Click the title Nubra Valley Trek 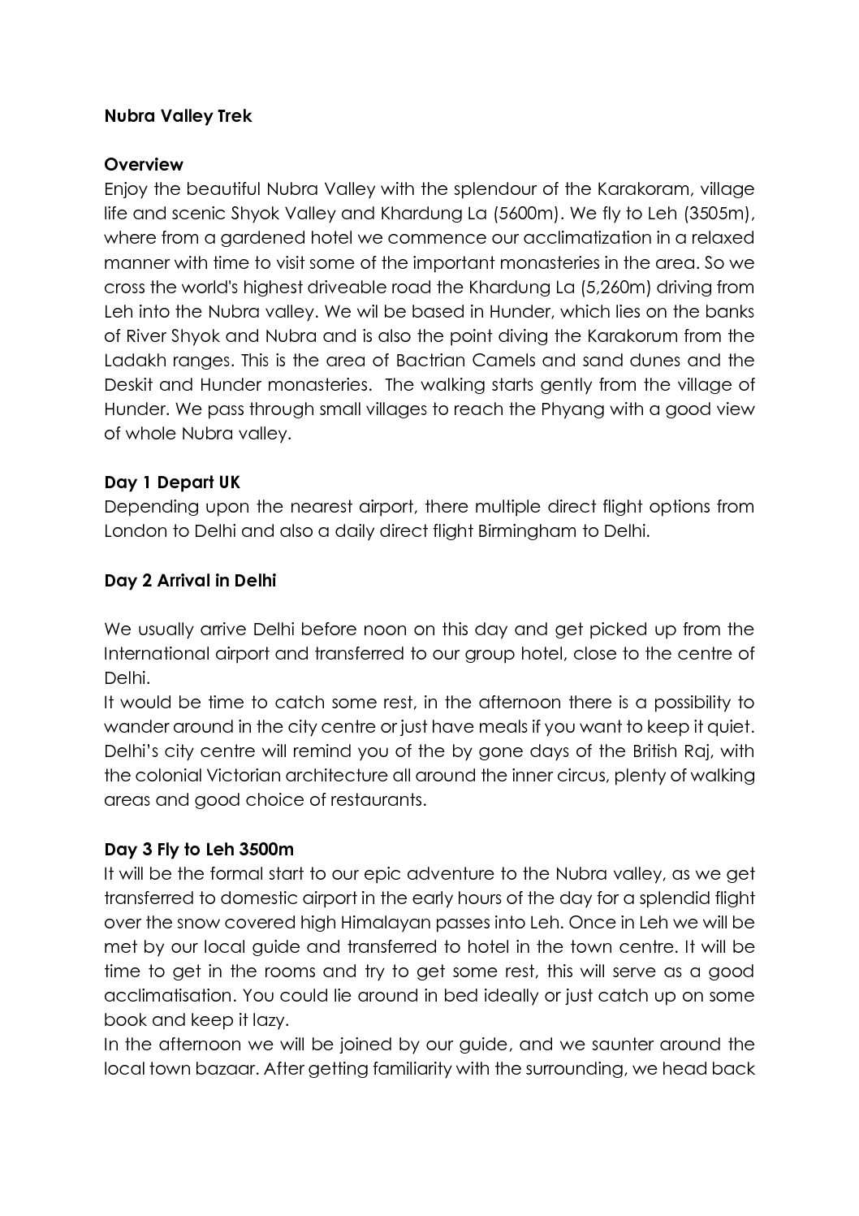pyautogui.click(x=178, y=116)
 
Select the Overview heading pyautogui.click(x=144, y=165)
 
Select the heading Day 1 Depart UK pyautogui.click(x=172, y=483)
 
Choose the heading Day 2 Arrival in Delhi pyautogui.click(x=190, y=581)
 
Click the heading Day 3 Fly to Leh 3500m pyautogui.click(x=199, y=850)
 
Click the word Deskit pyautogui.click(x=130, y=384)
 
